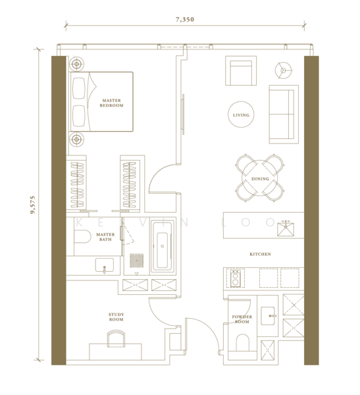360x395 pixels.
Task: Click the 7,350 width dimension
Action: coord(185,20)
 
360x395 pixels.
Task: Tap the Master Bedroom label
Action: coord(111,103)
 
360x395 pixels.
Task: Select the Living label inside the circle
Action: coord(242,115)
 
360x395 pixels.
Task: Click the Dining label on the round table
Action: coord(260,179)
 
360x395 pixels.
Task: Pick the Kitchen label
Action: coord(260,253)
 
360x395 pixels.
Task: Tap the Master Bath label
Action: coord(105,236)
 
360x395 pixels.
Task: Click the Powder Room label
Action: coord(242,319)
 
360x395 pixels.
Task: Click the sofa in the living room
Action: coord(284,113)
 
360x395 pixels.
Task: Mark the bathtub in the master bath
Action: coord(162,246)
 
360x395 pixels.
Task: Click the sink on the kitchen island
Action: coord(286,228)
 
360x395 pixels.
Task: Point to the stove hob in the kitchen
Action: coord(234,278)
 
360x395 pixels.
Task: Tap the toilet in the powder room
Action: coord(242,342)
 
